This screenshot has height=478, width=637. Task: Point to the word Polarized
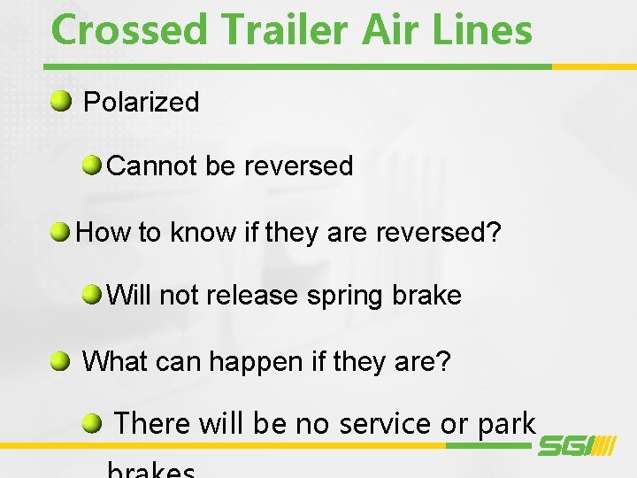(141, 102)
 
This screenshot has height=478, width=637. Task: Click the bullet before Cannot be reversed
(91, 164)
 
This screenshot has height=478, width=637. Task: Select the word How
(103, 233)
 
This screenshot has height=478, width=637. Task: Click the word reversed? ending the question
(439, 233)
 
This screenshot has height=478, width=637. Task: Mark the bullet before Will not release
(91, 293)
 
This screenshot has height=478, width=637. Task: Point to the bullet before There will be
(92, 423)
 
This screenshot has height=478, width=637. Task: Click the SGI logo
(576, 447)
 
